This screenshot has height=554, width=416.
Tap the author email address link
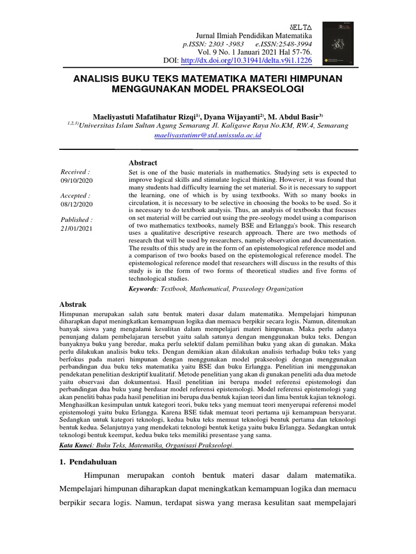208,135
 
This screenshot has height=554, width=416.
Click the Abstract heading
142,163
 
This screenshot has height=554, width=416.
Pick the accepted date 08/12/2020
76,205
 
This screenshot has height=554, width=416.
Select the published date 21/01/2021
76,229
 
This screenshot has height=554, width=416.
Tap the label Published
76,220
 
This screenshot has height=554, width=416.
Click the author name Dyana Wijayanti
233,116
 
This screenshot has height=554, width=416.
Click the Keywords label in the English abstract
142,289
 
